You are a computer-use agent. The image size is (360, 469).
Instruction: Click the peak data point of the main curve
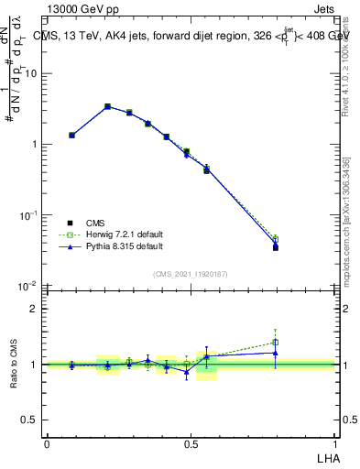coord(107,106)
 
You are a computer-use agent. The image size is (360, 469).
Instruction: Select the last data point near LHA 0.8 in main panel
coord(275,247)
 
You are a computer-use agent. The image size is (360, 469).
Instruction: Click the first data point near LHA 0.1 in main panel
coord(71,135)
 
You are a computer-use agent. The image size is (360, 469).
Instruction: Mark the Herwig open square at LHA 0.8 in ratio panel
coord(275,343)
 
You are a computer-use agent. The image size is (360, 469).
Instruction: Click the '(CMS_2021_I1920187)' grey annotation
coord(191,273)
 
